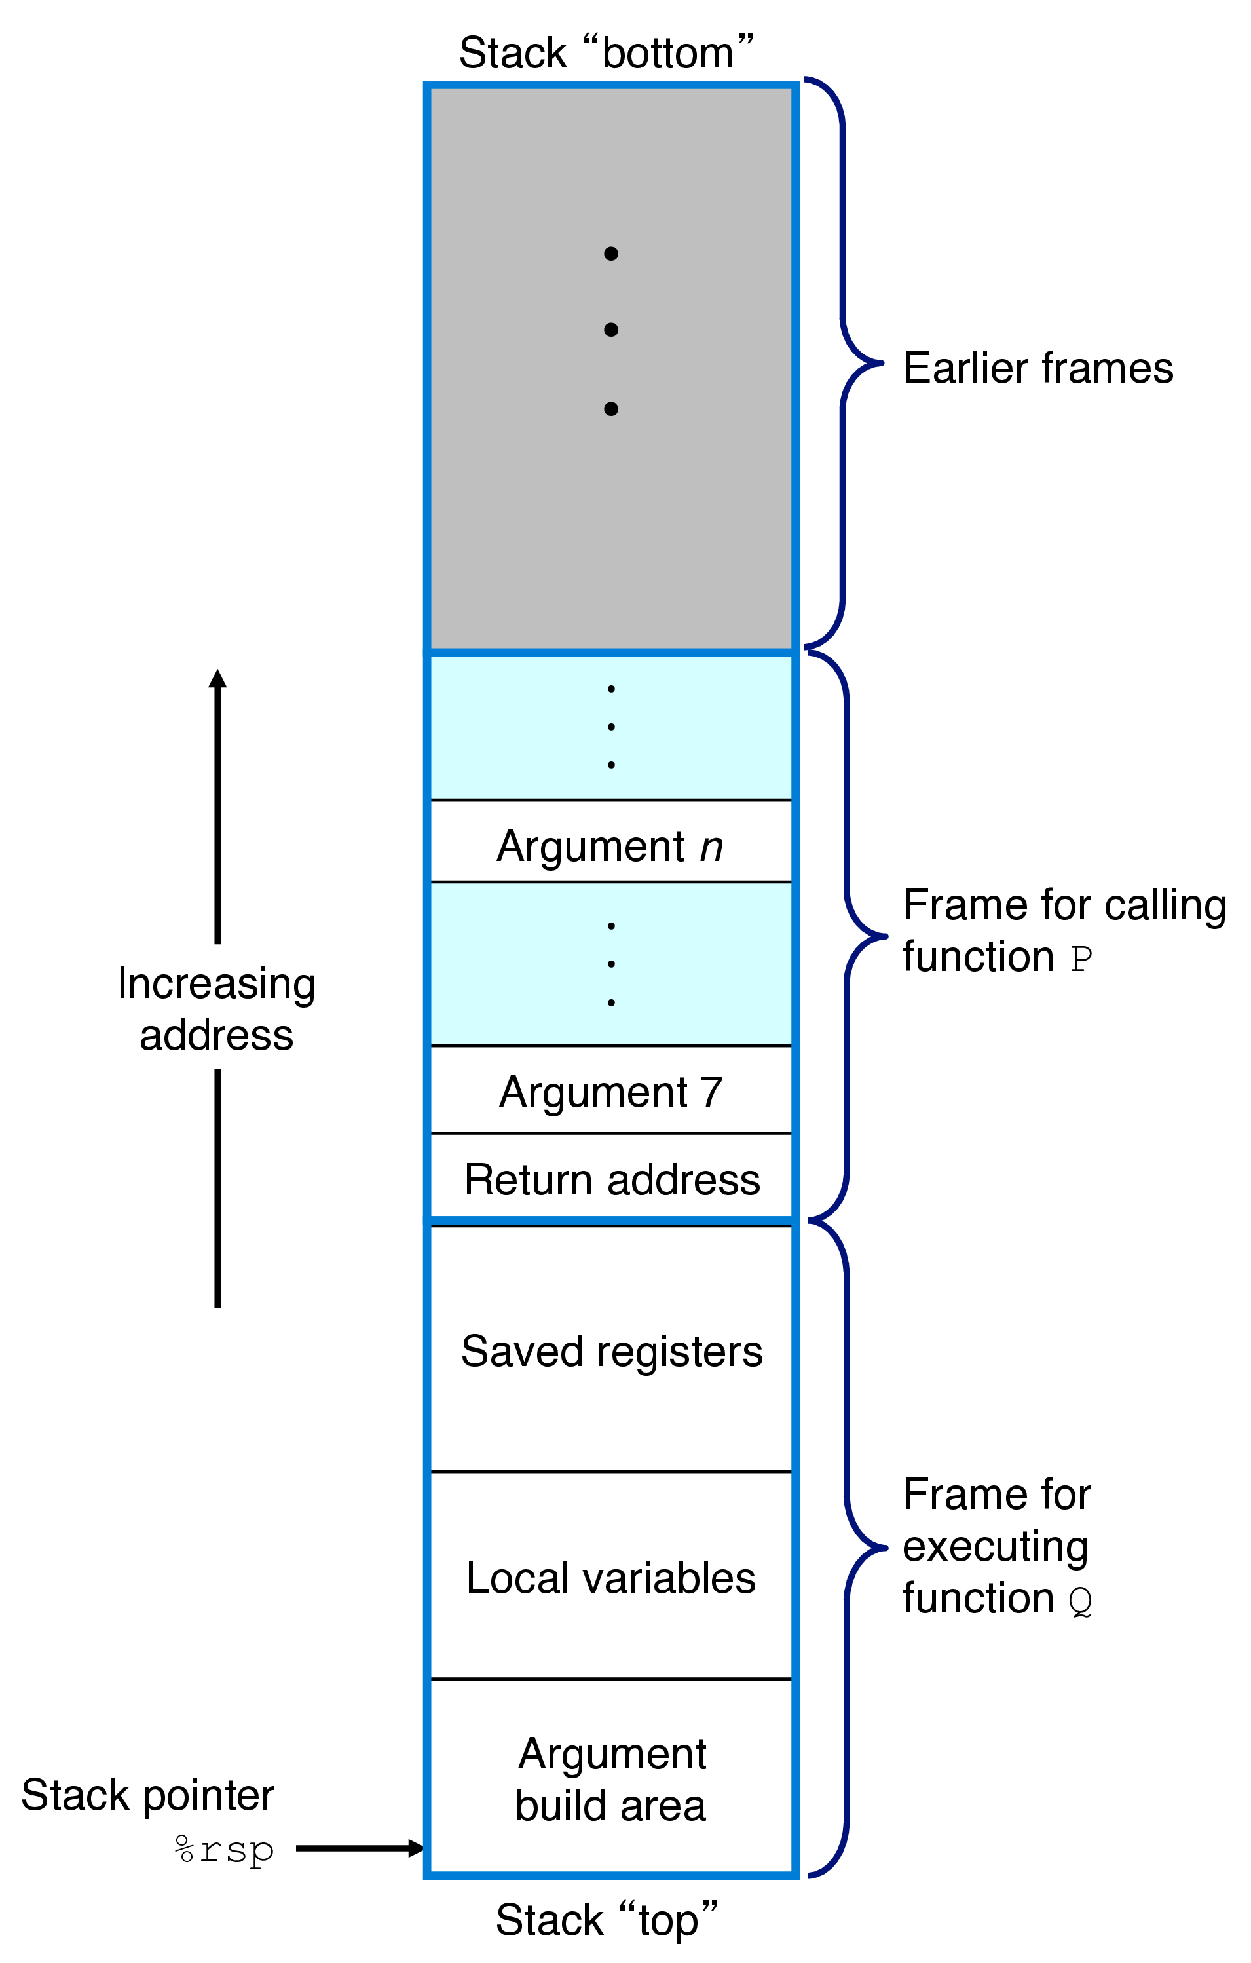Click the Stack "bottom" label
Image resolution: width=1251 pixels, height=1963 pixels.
(x=606, y=54)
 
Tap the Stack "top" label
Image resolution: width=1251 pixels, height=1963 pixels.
(x=607, y=1919)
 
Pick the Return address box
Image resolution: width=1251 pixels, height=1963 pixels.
(x=611, y=1179)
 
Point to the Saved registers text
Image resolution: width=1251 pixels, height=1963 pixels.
(x=611, y=1351)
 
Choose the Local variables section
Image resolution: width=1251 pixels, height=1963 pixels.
(x=610, y=1578)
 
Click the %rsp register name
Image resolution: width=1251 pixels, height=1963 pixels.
(x=224, y=1849)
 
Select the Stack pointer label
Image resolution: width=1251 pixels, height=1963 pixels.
(x=147, y=1795)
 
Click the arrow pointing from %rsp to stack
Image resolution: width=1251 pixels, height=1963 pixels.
(x=358, y=1848)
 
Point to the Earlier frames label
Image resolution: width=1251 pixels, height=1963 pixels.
(x=1037, y=368)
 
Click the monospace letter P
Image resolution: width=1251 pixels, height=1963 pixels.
(x=1081, y=959)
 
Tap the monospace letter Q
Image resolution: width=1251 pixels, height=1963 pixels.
(x=1081, y=1601)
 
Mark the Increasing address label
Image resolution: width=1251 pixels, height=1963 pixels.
(x=216, y=1008)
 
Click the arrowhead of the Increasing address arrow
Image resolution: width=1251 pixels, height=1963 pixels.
(x=217, y=678)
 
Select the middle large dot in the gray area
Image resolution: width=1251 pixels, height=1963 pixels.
(x=610, y=330)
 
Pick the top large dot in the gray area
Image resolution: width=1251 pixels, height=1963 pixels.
(x=610, y=254)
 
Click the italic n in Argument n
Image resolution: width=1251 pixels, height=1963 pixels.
(x=711, y=846)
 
